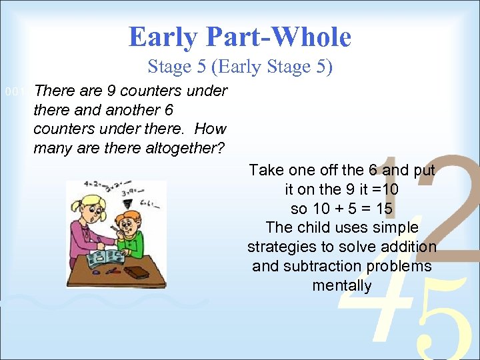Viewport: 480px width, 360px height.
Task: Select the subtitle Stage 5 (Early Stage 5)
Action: (239, 67)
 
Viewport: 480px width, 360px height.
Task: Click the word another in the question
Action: (133, 110)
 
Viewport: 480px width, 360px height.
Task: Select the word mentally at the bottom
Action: (341, 286)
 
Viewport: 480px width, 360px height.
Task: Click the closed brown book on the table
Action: (137, 272)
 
